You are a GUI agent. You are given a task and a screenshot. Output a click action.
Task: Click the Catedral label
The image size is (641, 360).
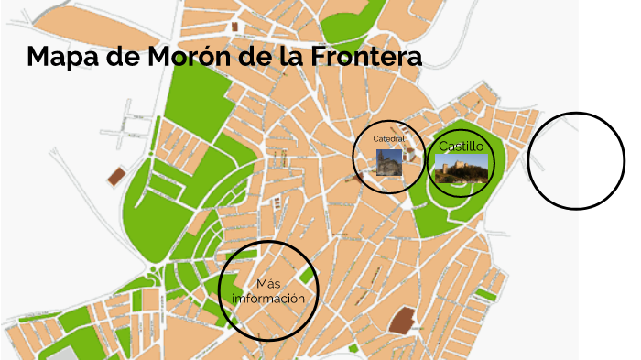click(x=388, y=138)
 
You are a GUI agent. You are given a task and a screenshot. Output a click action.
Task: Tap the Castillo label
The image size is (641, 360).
click(x=461, y=146)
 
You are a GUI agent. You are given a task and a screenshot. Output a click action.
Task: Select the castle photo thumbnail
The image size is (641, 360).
click(x=461, y=169)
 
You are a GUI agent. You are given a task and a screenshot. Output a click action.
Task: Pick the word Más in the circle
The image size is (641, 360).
click(x=268, y=282)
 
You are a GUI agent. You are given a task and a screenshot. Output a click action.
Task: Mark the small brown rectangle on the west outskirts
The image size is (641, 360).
click(x=116, y=176)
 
